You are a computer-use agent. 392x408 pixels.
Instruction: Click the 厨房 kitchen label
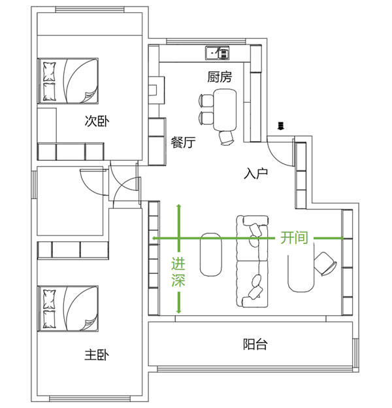(x=220, y=76)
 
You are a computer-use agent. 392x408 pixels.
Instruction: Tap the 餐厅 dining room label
(x=183, y=143)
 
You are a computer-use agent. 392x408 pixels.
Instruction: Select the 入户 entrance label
(x=256, y=173)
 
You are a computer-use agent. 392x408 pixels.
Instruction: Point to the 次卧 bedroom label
(x=97, y=121)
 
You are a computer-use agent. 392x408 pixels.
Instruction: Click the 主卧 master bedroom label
(x=97, y=354)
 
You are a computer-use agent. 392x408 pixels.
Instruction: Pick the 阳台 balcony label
(x=255, y=344)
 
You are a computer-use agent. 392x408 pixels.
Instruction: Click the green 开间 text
(x=294, y=237)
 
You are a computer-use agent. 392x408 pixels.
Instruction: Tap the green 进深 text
(x=178, y=272)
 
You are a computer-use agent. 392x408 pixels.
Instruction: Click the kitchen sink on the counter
(x=218, y=53)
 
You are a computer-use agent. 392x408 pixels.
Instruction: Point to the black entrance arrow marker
(x=280, y=126)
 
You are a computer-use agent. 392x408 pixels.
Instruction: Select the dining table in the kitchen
(x=225, y=110)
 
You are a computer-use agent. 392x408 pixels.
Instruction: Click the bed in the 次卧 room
(x=68, y=81)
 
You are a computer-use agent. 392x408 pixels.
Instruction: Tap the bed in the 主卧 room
(x=68, y=309)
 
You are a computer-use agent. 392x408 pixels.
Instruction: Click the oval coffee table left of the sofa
(x=211, y=254)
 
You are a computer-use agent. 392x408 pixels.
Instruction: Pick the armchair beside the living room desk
(x=325, y=263)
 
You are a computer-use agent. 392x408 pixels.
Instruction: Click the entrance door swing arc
(x=275, y=157)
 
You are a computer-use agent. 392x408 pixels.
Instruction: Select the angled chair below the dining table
(x=226, y=138)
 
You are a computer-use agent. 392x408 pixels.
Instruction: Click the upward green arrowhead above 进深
(x=179, y=207)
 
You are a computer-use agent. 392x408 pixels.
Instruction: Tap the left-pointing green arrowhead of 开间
(x=155, y=238)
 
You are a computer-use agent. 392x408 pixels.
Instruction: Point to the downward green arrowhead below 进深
(x=179, y=311)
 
